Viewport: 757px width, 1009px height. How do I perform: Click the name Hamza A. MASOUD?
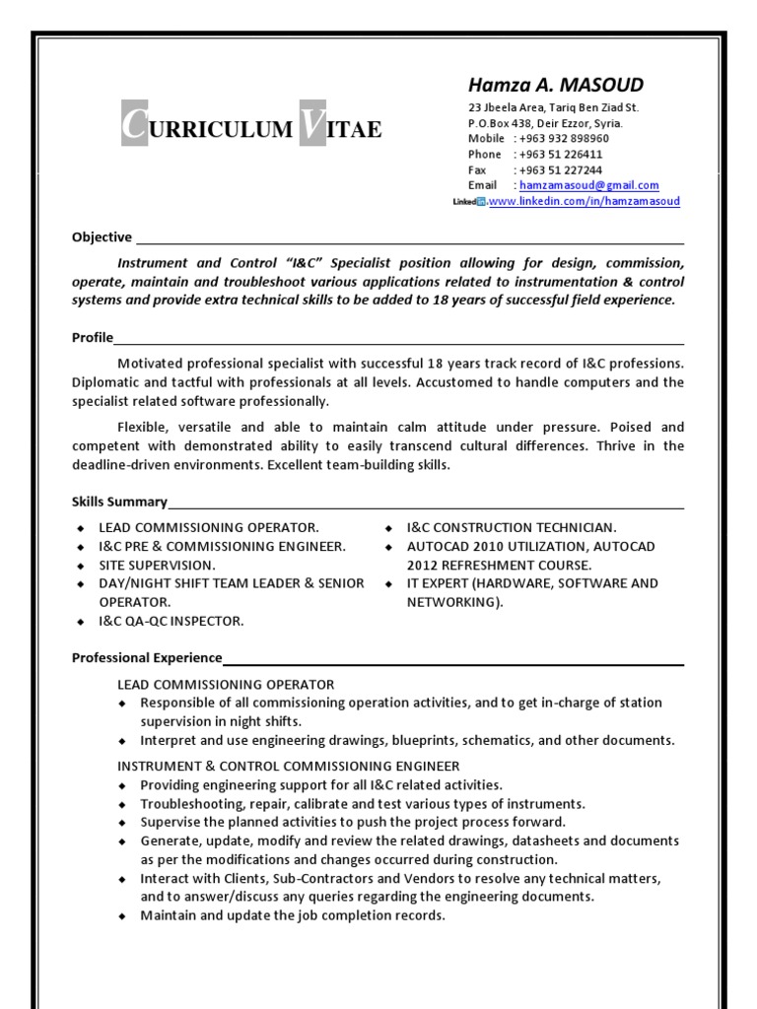[x=555, y=85]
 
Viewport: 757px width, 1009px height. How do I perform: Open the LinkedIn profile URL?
[x=585, y=201]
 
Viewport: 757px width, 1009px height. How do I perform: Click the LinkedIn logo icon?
[x=469, y=201]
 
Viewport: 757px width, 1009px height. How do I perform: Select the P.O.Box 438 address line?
[x=544, y=123]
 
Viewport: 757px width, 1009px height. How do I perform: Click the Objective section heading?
[x=102, y=236]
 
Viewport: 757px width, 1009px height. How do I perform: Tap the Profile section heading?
[x=93, y=338]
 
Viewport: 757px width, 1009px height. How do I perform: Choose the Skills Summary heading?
[x=119, y=502]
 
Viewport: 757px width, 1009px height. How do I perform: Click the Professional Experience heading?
[x=147, y=657]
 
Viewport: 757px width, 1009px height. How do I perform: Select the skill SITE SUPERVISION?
[x=156, y=565]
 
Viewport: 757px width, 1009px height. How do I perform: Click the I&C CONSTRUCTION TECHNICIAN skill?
[x=512, y=527]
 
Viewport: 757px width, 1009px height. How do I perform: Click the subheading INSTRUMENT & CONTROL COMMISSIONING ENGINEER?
[x=289, y=766]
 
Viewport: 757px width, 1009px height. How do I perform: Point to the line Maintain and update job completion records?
[x=293, y=915]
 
